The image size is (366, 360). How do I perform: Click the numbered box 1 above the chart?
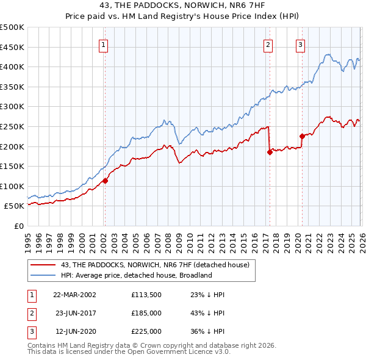[104, 44]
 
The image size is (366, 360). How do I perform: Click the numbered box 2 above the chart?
[268, 44]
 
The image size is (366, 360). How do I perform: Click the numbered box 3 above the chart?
[301, 44]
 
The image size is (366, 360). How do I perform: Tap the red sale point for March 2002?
[105, 181]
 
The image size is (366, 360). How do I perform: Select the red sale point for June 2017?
[269, 153]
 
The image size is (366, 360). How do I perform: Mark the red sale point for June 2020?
[302, 136]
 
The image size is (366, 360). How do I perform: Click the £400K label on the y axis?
[13, 67]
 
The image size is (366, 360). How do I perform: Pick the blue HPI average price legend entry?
[136, 275]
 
